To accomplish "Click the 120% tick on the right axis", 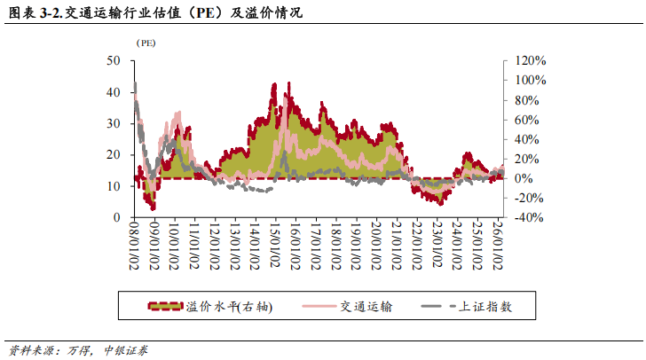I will pyautogui.click(x=529, y=60).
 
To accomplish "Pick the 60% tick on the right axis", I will pyautogui.click(x=525, y=119).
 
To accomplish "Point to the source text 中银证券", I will pyautogui.click(x=131, y=350).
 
